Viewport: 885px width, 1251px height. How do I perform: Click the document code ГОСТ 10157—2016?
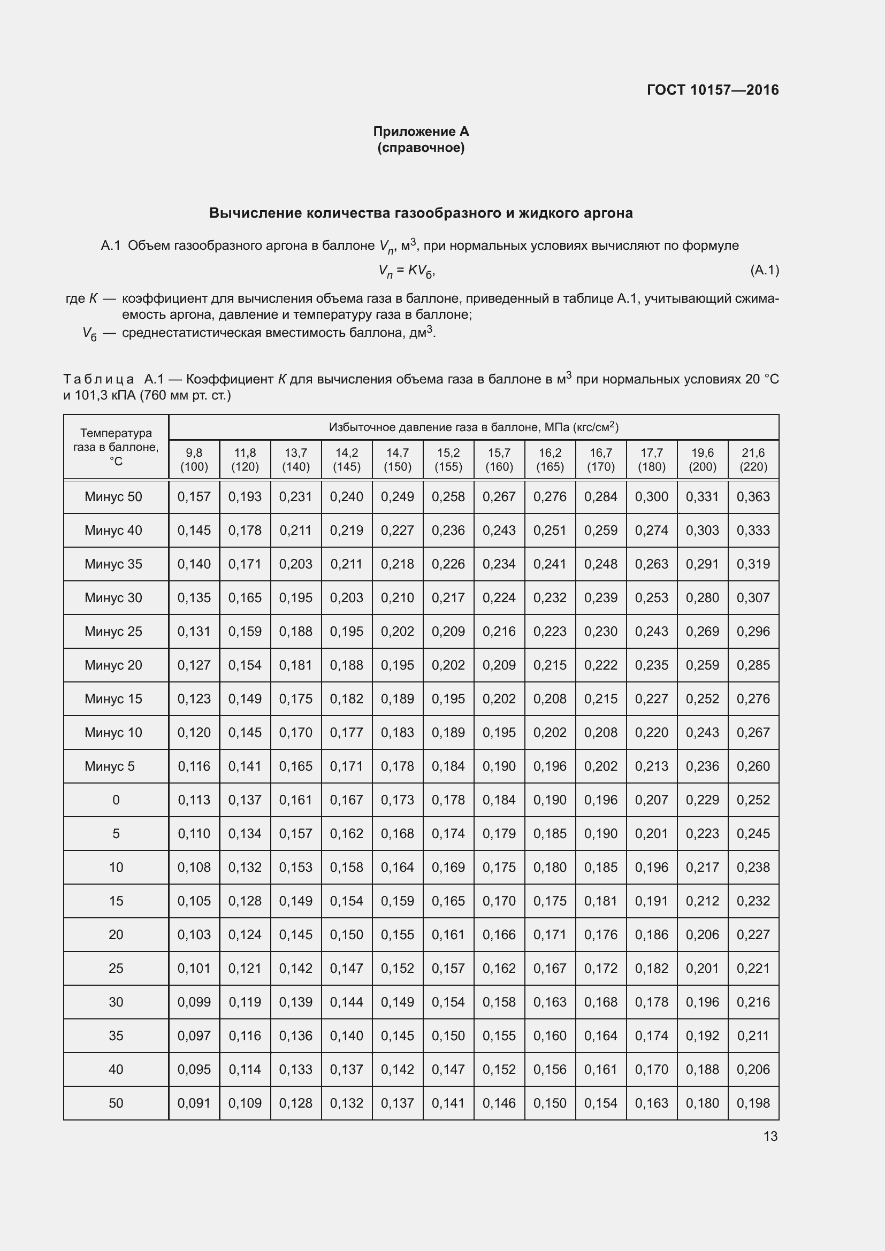pos(712,90)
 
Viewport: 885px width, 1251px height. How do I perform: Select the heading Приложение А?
pos(421,132)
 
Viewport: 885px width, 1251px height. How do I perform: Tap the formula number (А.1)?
pos(765,270)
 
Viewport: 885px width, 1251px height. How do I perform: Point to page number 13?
pos(770,1136)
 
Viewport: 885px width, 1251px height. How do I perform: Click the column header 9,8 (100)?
pos(194,459)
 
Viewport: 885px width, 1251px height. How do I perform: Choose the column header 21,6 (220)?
pos(753,459)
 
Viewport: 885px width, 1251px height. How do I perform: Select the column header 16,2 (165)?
pos(550,459)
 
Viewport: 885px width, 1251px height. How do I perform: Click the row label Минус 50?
pos(113,496)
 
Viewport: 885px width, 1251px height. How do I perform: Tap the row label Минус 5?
pos(110,766)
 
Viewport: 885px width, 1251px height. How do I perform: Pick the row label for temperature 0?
pos(116,800)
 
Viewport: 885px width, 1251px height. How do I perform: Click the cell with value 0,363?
pos(753,496)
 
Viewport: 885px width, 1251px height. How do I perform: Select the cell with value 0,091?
pos(194,1103)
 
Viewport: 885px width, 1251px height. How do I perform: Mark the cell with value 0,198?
pos(753,1103)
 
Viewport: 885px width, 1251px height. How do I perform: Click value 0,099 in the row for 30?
pos(194,1001)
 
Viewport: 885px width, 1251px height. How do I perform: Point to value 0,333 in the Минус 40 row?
pos(753,530)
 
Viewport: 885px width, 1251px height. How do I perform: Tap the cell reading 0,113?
pos(194,800)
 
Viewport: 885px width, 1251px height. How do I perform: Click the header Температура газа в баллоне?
pos(116,447)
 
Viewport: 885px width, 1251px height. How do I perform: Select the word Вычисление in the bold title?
pos(255,213)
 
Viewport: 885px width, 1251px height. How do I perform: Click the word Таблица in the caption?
pos(98,379)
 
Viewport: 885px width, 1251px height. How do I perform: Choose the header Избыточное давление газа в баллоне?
pos(473,427)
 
